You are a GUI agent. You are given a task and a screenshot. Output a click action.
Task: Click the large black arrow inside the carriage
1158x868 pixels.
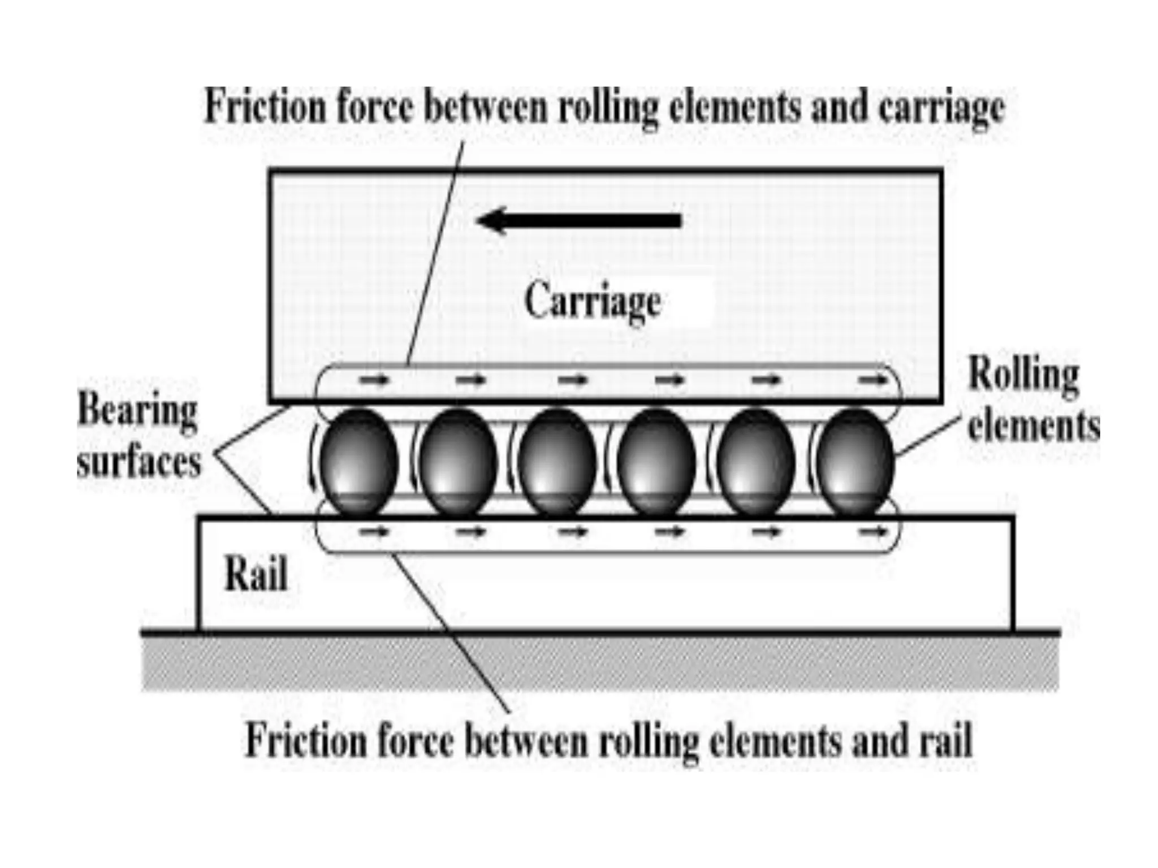[580, 220]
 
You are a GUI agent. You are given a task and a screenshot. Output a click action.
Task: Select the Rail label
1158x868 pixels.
[256, 574]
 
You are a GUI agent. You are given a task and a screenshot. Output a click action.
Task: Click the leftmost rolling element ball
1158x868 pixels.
[359, 461]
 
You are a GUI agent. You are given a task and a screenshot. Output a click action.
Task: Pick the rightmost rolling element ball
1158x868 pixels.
[855, 461]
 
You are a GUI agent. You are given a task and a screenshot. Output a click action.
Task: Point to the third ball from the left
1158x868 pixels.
[558, 461]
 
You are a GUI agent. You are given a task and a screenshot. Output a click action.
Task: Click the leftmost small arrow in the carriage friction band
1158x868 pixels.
[374, 380]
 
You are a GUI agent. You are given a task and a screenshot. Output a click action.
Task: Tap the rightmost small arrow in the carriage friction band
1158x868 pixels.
[874, 380]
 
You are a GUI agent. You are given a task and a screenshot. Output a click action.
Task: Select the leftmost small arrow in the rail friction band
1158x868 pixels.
[374, 531]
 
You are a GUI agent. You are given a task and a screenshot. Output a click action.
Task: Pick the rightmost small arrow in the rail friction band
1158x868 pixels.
[874, 531]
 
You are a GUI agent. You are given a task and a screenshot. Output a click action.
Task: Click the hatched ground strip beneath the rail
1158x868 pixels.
[599, 663]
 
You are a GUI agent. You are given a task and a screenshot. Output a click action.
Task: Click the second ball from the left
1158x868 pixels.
[459, 461]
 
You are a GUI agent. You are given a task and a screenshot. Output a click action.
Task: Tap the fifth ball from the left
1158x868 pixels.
[756, 461]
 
